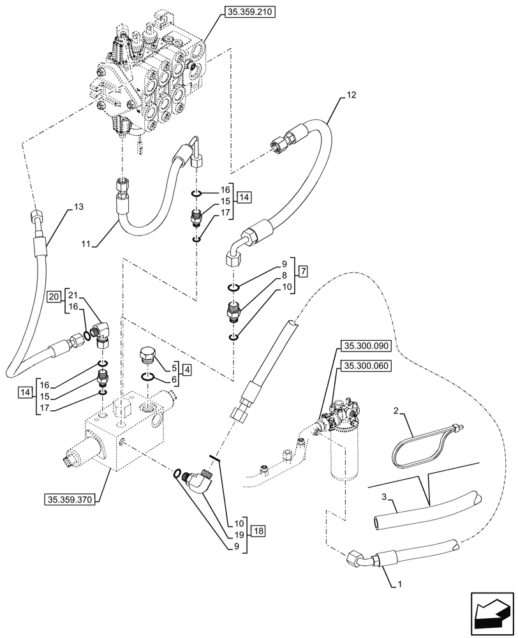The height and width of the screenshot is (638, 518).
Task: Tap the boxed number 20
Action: pos(54,296)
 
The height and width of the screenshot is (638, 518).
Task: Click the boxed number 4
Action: pos(185,369)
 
